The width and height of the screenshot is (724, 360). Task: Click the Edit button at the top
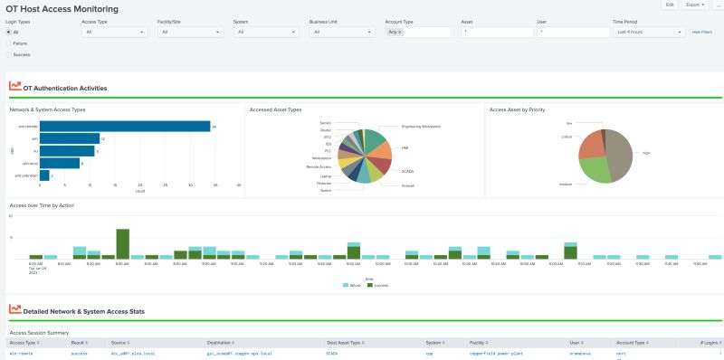[670, 5]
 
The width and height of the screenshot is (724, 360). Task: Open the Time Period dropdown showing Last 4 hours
[649, 32]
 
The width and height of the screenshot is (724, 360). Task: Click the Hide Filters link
[702, 32]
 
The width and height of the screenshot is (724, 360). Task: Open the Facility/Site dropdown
[190, 32]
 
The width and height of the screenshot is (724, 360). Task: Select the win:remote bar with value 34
[126, 127]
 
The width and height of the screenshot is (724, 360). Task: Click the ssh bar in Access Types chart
[70, 138]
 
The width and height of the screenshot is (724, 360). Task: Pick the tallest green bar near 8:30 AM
[123, 243]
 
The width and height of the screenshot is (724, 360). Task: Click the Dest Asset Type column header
[344, 343]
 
